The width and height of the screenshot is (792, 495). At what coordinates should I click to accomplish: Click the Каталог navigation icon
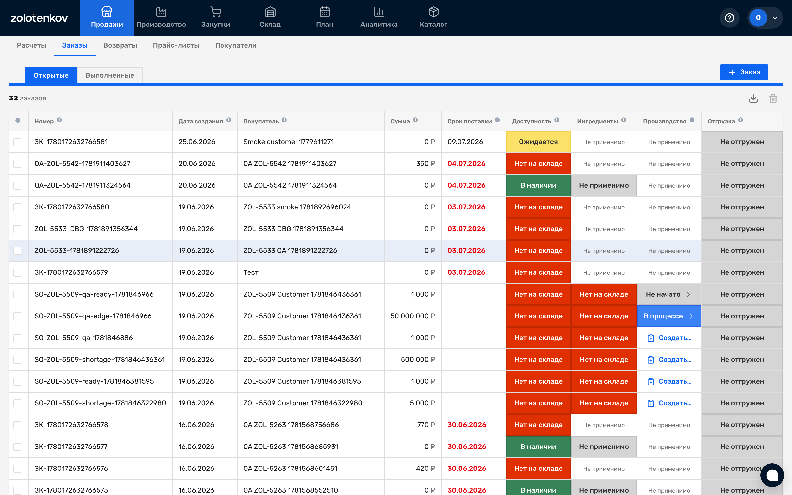[433, 12]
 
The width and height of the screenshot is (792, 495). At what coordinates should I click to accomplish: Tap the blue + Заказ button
[744, 72]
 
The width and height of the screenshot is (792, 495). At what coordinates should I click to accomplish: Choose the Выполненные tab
[110, 75]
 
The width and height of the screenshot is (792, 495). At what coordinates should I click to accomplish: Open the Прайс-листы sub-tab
[176, 45]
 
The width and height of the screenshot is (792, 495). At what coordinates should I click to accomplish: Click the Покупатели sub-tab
[236, 45]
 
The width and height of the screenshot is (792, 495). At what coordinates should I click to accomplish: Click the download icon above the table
[753, 99]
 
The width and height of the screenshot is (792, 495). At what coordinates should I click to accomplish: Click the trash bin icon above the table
[773, 99]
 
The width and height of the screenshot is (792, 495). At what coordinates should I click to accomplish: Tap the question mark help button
[729, 18]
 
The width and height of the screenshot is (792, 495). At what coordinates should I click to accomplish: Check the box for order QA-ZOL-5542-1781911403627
[17, 164]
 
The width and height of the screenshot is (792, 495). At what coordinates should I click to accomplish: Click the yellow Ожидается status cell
[538, 142]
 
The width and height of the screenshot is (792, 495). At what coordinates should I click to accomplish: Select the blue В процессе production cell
[669, 316]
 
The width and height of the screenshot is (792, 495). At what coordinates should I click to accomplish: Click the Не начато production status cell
[669, 294]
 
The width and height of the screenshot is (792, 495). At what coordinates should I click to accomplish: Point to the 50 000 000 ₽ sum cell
[412, 316]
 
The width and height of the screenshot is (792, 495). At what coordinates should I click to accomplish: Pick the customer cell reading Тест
[251, 272]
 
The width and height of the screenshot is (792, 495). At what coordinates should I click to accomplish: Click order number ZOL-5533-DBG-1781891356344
[86, 229]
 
